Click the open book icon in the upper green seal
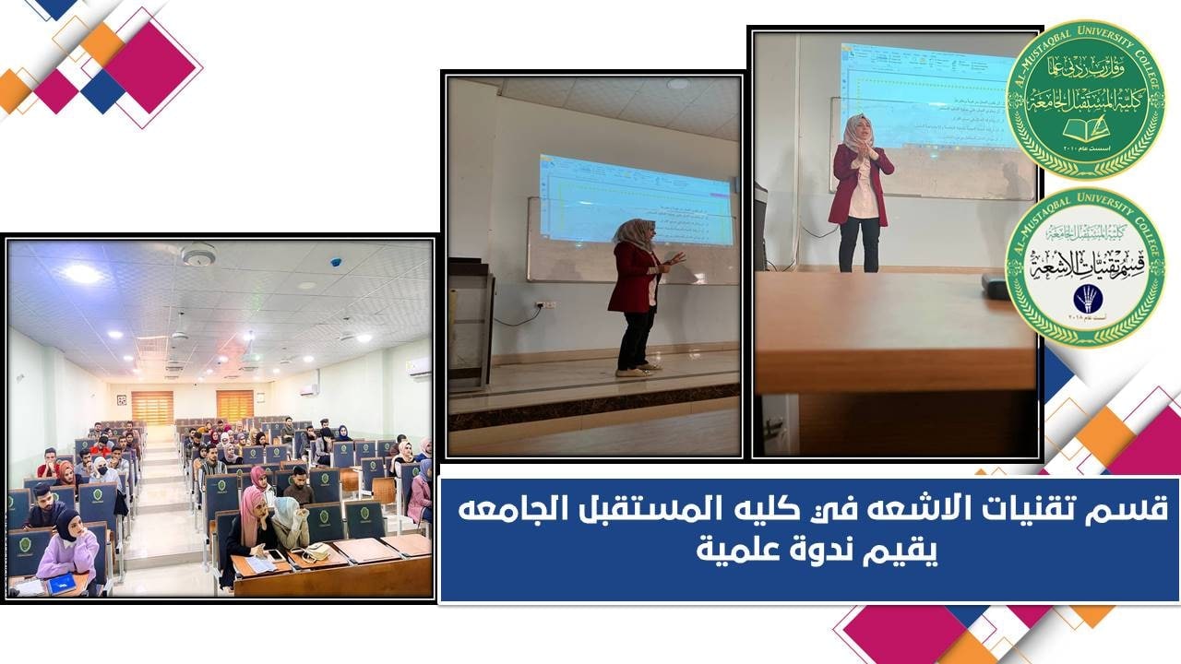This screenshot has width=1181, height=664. pos(1085,126)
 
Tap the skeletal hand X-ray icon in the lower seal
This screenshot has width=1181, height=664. pos(1086,297)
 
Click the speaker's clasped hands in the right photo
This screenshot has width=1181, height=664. pos(864,158)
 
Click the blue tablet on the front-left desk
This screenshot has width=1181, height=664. pos(61,584)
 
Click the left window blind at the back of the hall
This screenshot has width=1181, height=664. pos(152,407)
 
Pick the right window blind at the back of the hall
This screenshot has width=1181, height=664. pos(234,405)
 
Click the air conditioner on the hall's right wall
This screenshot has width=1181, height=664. pos(418,366)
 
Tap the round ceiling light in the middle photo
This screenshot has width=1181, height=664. pos(678,84)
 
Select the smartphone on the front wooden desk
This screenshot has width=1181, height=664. pos(276,554)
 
